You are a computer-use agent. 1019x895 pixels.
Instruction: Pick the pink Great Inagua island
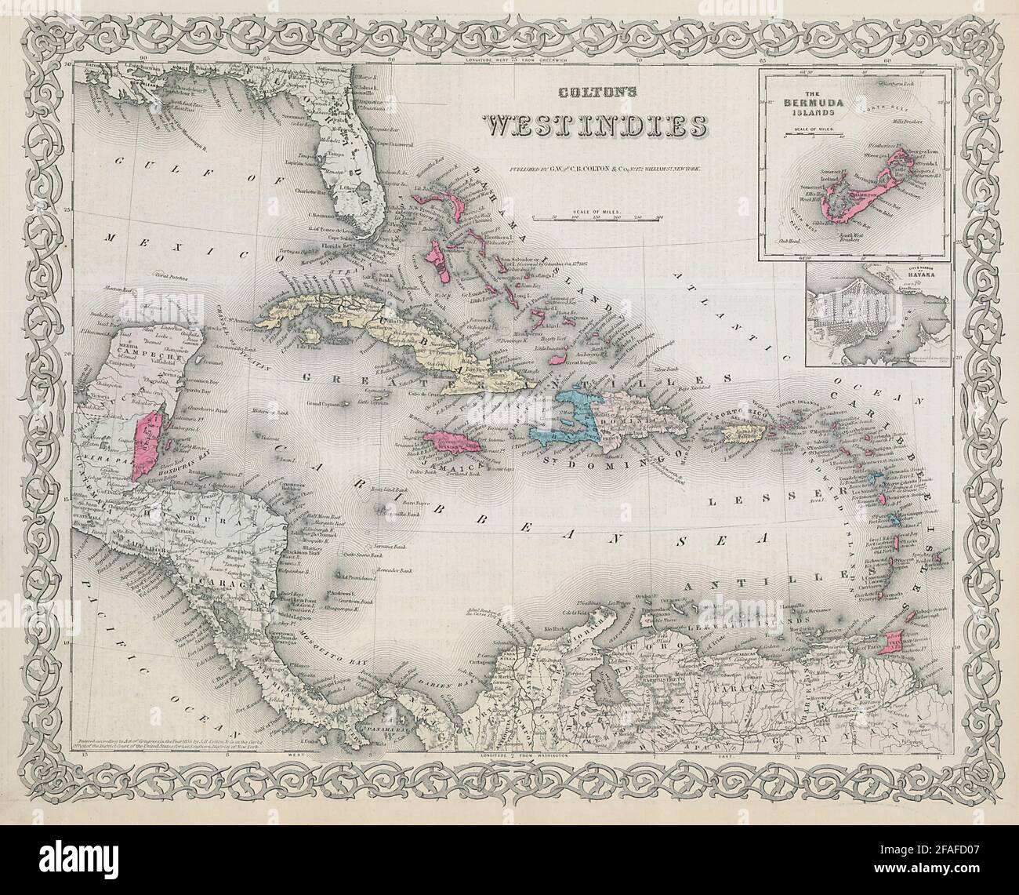tap(557, 356)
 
